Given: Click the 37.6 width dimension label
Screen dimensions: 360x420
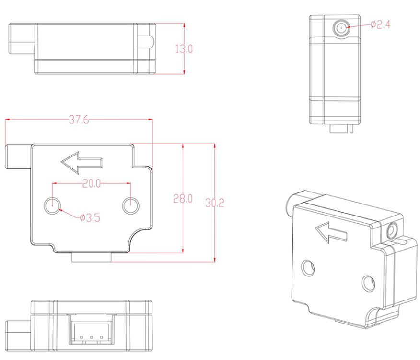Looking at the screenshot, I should [79, 120].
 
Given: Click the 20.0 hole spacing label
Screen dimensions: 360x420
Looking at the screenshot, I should [91, 183].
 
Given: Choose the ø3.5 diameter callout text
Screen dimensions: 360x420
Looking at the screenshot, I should [90, 218].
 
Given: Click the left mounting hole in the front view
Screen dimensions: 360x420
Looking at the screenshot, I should [52, 206].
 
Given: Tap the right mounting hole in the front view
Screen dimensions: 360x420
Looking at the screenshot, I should [130, 206].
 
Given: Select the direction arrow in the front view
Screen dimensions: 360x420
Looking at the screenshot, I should [82, 162].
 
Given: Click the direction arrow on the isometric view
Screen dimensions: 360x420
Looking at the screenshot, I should [331, 232].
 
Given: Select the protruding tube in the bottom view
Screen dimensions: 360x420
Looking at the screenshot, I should [18, 332].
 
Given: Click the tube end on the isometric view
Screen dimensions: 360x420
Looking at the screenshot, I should [290, 205].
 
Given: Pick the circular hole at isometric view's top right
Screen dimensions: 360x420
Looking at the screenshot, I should [393, 230].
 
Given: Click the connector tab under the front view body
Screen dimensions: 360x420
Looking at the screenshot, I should [91, 258].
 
